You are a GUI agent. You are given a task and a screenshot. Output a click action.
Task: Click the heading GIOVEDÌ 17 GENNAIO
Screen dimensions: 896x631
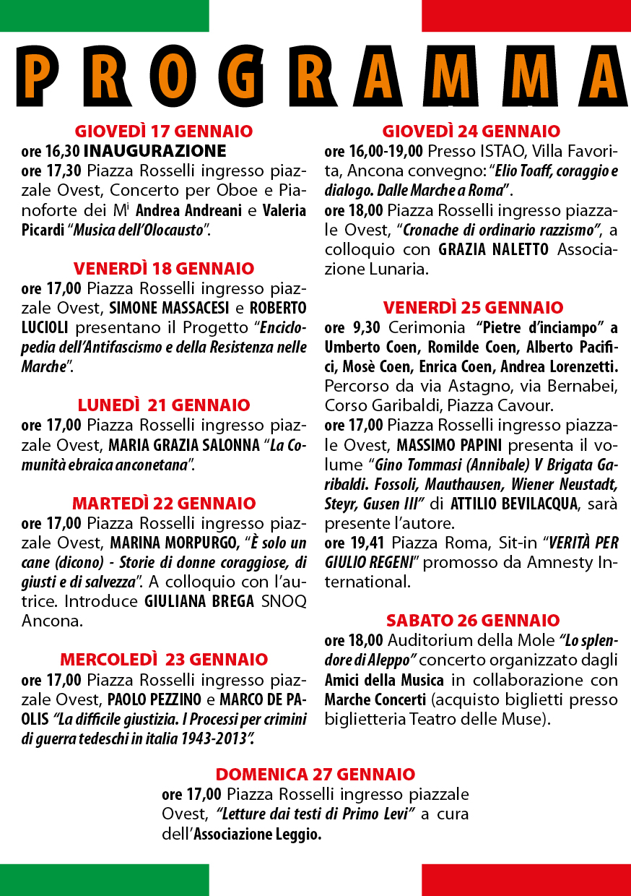(164, 132)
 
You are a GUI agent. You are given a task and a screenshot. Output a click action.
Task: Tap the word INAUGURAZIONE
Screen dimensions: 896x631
(155, 151)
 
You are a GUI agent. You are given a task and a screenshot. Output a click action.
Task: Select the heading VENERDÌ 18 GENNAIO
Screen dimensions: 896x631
(164, 269)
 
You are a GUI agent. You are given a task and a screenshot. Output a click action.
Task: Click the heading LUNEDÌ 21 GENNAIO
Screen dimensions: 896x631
(164, 405)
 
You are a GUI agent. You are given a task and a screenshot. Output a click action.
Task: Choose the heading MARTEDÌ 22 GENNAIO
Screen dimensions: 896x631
(164, 504)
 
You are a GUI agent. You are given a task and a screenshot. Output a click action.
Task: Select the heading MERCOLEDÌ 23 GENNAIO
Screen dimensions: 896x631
(164, 660)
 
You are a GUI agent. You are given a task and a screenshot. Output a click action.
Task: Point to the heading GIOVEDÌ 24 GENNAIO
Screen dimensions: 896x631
(471, 132)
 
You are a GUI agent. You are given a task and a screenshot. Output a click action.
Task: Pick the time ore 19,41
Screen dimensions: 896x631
(354, 542)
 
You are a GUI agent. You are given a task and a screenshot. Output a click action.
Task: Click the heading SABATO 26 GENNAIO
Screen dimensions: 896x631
(473, 621)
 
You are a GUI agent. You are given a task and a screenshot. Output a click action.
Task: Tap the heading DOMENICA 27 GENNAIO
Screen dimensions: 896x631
(315, 775)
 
